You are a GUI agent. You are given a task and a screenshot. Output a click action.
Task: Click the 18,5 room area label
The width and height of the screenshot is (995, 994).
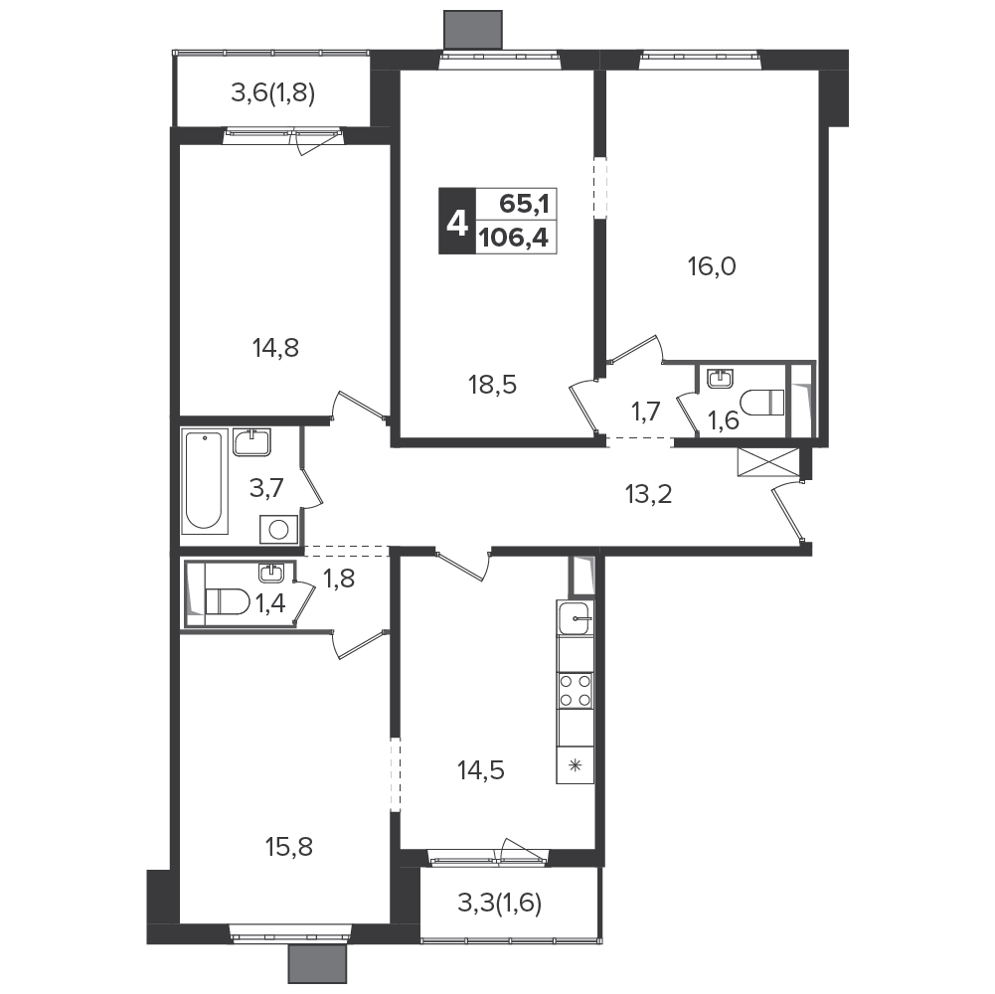(492, 385)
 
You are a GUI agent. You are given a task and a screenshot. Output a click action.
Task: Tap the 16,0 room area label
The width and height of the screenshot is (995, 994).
(712, 267)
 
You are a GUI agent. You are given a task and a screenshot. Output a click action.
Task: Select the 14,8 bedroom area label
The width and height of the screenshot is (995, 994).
(275, 348)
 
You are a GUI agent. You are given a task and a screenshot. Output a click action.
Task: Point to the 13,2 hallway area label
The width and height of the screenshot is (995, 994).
(648, 494)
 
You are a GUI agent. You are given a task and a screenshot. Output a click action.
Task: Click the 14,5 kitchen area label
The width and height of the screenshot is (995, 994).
(481, 770)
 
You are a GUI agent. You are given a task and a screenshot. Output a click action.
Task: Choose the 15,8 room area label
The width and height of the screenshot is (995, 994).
(289, 847)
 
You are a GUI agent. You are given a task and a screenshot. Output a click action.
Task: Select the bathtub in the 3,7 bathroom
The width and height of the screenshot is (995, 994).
(205, 482)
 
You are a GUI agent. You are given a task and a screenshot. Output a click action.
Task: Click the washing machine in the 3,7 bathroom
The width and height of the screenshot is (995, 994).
(278, 530)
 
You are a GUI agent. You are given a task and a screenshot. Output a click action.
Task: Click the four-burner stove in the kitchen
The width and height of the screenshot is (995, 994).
(576, 691)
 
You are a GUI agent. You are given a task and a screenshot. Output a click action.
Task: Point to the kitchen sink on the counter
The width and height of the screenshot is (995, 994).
(576, 617)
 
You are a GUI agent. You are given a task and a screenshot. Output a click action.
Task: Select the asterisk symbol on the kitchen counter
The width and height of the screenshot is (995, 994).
(576, 765)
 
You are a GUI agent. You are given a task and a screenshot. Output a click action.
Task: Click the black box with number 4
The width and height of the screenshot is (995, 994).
(457, 222)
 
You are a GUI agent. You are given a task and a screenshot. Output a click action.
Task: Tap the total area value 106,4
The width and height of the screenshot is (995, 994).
(514, 240)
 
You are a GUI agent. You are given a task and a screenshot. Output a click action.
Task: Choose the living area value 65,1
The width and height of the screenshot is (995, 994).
(524, 205)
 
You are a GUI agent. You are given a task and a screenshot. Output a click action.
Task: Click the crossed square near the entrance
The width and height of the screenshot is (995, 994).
(768, 461)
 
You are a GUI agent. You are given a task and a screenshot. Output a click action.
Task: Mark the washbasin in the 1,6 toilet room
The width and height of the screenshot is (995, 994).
(720, 379)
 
